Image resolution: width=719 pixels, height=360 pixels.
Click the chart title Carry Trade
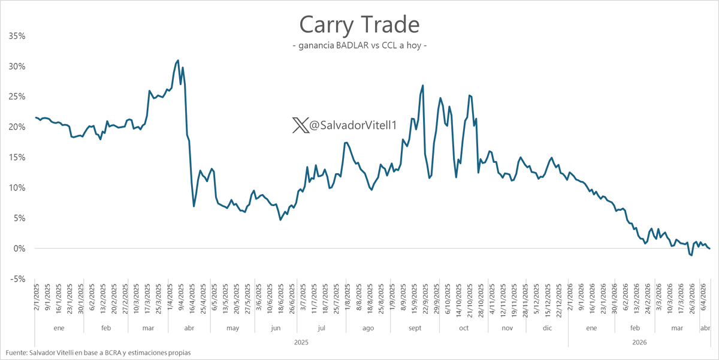(x=359, y=25)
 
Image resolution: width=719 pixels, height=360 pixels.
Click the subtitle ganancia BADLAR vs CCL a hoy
(x=359, y=46)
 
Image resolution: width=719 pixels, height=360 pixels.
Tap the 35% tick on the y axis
(x=17, y=36)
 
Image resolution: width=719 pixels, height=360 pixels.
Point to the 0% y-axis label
(x=19, y=249)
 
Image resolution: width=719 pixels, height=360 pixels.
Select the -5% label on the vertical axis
(x=17, y=279)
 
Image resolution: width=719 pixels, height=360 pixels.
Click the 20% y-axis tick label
(x=17, y=127)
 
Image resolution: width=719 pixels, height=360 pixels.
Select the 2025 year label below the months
(x=301, y=342)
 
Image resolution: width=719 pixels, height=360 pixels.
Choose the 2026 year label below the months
(x=639, y=342)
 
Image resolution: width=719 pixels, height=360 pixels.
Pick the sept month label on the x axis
(x=415, y=329)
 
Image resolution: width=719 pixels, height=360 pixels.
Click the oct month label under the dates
(x=464, y=329)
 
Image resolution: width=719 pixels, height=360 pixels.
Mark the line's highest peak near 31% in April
(x=177, y=60)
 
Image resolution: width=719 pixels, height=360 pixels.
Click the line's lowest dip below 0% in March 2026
(x=691, y=256)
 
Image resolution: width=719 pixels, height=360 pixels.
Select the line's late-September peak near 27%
(x=423, y=85)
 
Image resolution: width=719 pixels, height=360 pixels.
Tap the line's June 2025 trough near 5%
(x=280, y=220)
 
